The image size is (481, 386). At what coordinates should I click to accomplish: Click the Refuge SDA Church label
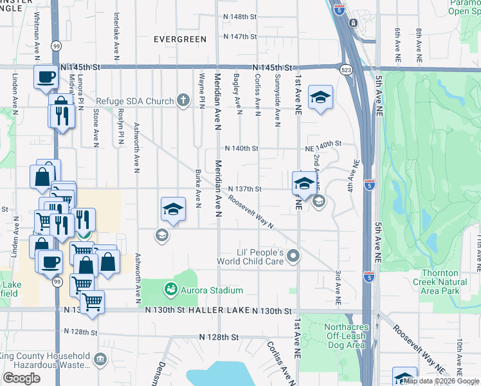(x=136, y=101)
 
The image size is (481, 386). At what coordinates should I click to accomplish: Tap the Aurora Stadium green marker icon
(x=171, y=290)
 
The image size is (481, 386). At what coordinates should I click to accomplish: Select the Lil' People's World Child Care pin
(x=293, y=257)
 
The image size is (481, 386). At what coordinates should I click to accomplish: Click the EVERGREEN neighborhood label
(x=180, y=39)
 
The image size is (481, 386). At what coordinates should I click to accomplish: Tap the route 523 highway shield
(x=347, y=68)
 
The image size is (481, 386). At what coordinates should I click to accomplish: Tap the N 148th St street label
(x=240, y=16)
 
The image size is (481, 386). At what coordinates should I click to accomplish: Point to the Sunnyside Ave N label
(x=278, y=99)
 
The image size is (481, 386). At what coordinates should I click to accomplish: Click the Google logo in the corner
(x=21, y=378)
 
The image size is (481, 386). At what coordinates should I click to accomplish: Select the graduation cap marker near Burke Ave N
(x=172, y=210)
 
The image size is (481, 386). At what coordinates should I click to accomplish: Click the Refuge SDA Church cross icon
(x=183, y=101)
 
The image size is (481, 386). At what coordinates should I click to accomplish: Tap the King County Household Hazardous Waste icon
(x=100, y=359)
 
